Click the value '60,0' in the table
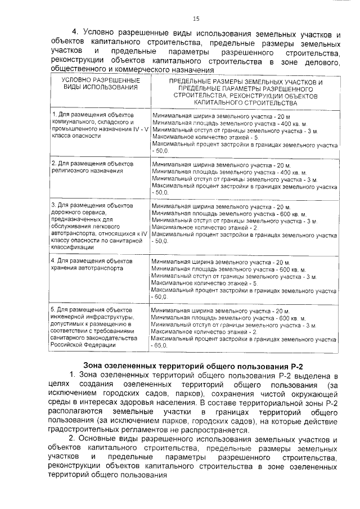(160, 296)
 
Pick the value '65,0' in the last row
(160, 345)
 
